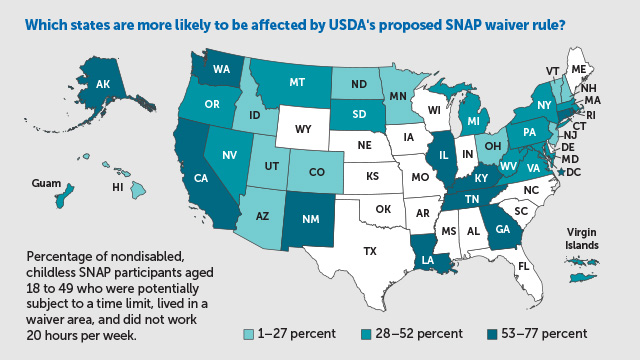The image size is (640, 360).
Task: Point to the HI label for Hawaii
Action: pyautogui.click(x=117, y=186)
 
